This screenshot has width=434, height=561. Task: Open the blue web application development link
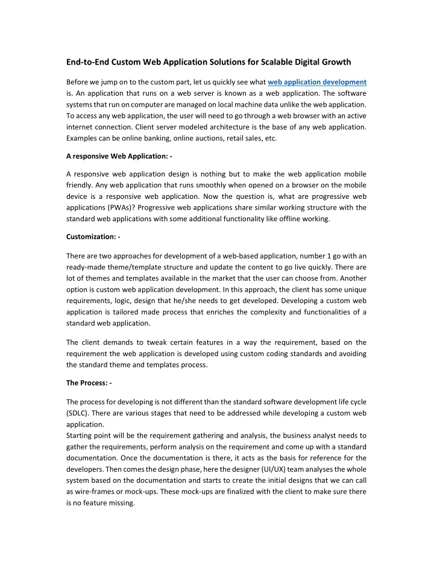click(x=317, y=81)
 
